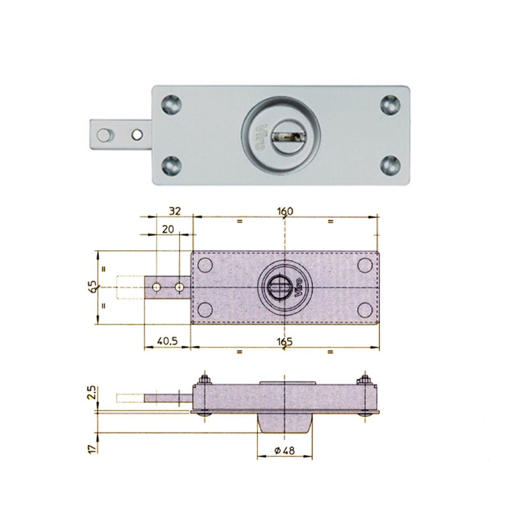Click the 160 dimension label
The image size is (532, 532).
click(x=285, y=211)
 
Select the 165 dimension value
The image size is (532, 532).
click(x=285, y=341)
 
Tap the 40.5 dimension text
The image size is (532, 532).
click(x=168, y=341)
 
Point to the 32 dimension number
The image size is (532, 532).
click(x=175, y=211)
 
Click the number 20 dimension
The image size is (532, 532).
click(x=168, y=229)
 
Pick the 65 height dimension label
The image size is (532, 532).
click(x=94, y=286)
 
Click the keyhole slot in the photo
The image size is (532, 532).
click(x=287, y=136)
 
